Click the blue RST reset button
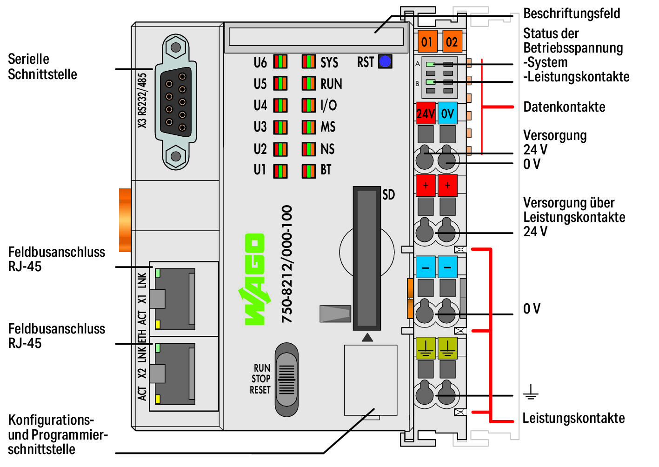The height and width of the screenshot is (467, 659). click(385, 61)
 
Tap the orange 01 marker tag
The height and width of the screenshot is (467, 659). click(426, 42)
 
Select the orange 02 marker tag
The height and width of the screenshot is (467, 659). click(452, 42)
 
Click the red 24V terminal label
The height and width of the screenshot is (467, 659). click(426, 113)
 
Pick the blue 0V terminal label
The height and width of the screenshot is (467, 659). click(447, 113)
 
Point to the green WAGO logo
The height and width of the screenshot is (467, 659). click(255, 279)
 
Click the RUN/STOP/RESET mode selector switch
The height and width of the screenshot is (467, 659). click(286, 380)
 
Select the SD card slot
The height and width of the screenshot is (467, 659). click(367, 258)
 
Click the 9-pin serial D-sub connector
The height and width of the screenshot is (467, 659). click(176, 102)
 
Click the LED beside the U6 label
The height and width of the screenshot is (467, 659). click(280, 62)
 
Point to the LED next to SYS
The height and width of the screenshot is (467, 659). click(308, 62)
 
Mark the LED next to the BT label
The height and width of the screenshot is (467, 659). click(308, 171)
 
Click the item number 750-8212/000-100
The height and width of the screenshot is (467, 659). click(287, 264)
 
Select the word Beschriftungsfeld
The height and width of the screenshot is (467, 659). click(572, 13)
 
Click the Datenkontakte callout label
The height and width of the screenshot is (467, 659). click(564, 107)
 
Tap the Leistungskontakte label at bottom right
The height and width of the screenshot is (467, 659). click(573, 418)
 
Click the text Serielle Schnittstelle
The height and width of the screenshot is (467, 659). click(42, 67)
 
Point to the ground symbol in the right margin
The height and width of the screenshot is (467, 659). click(531, 393)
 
